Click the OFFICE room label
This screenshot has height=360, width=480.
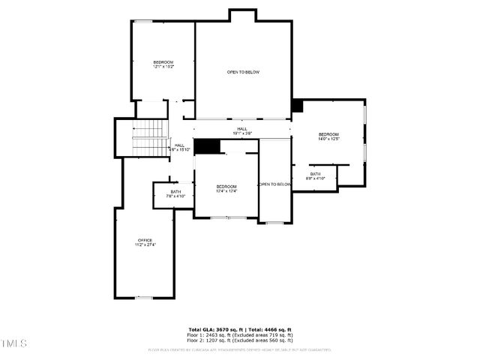144,240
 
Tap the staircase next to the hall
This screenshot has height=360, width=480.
150,138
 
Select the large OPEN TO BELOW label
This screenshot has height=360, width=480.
243,72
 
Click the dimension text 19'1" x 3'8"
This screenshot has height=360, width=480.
242,133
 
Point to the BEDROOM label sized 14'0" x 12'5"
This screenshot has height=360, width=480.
328,134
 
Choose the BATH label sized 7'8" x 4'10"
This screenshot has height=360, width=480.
175,192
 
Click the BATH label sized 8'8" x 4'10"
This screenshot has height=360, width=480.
316,174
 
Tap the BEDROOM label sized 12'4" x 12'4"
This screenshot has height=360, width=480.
226,187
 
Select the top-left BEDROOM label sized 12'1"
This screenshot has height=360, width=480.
163,62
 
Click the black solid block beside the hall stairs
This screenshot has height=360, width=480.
206,146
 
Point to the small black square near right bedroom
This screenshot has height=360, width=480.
297,106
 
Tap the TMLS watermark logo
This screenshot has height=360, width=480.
14,343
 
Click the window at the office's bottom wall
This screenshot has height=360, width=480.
144,298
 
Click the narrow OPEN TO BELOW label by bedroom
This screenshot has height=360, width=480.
274,184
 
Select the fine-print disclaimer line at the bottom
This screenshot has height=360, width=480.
240,349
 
